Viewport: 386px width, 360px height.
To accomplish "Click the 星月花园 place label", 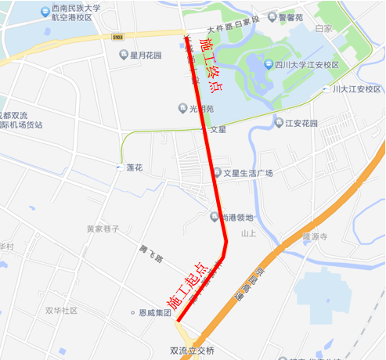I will tap(146, 56).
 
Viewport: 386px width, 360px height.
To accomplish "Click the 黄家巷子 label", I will tap(103, 229).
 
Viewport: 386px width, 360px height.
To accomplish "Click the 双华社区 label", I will tap(61, 311).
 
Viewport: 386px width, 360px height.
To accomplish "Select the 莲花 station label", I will tap(134, 167).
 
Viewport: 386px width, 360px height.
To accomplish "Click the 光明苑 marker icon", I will tap(182, 108).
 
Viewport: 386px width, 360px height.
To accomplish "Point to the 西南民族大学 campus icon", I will tap(44, 12).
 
